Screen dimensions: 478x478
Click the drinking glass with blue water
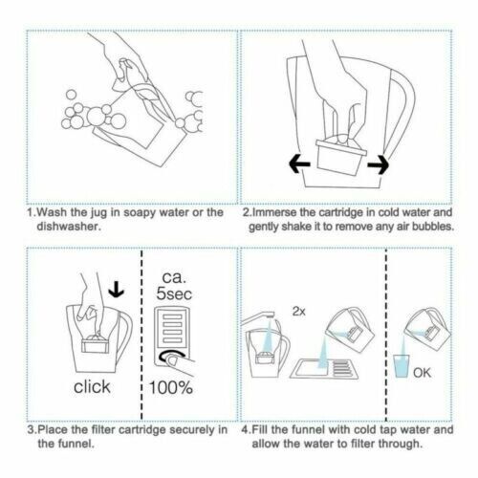coord(402,366)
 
